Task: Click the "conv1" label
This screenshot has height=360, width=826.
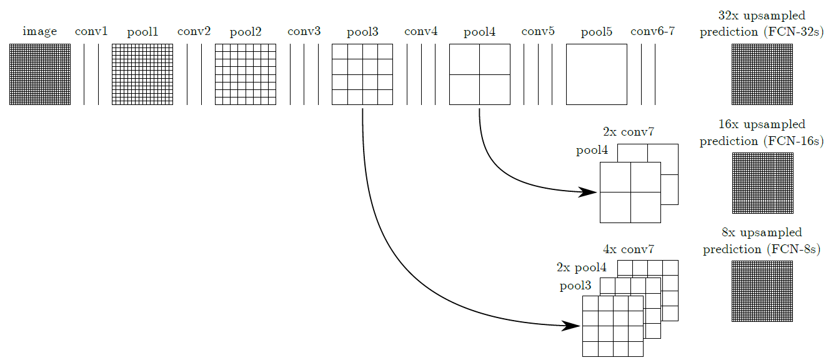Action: (x=91, y=31)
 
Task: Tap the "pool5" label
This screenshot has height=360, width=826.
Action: (x=596, y=32)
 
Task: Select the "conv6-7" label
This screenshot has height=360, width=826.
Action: (x=652, y=31)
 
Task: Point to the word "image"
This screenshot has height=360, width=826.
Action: (x=40, y=32)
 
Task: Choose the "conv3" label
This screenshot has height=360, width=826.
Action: (x=304, y=31)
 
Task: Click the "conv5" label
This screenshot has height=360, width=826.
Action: (x=537, y=31)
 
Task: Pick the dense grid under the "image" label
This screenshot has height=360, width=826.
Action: (x=40, y=74)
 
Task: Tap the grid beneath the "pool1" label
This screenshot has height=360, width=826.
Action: (x=142, y=74)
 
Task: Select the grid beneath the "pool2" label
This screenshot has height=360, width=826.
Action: (x=245, y=74)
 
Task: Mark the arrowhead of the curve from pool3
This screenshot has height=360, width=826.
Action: (x=572, y=326)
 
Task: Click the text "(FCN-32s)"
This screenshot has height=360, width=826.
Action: (x=793, y=32)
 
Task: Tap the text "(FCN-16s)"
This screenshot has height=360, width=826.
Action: (x=793, y=141)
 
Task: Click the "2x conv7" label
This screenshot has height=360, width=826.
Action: (x=629, y=132)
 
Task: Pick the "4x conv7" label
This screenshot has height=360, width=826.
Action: (x=629, y=249)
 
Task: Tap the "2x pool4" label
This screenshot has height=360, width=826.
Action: (x=581, y=267)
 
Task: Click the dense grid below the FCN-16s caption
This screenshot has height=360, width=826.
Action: (x=762, y=183)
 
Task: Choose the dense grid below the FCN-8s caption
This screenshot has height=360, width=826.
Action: (x=762, y=291)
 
